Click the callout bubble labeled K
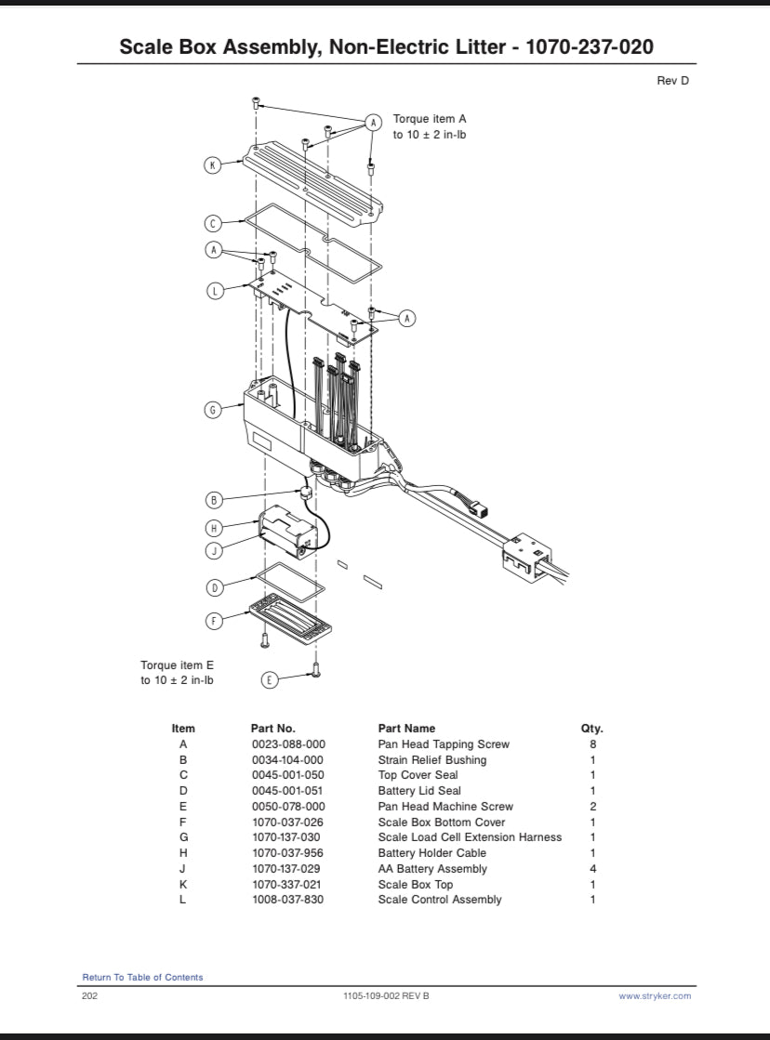tap(213, 165)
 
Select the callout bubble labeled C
tap(213, 223)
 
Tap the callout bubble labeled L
tap(214, 291)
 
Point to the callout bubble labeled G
tap(213, 410)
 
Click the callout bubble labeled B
tap(214, 500)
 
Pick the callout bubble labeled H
tap(214, 528)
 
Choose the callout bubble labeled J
tap(214, 549)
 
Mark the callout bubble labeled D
tap(214, 587)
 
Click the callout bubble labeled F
tap(214, 620)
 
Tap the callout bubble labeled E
tap(270, 680)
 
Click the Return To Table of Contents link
tap(142, 977)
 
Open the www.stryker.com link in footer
tap(655, 996)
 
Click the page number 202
tap(91, 996)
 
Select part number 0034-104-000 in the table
tap(288, 760)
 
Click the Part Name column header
tap(406, 729)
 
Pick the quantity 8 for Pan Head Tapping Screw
tap(592, 744)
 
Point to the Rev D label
tap(672, 81)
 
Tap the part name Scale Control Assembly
tap(439, 900)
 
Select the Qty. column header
tap(591, 729)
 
